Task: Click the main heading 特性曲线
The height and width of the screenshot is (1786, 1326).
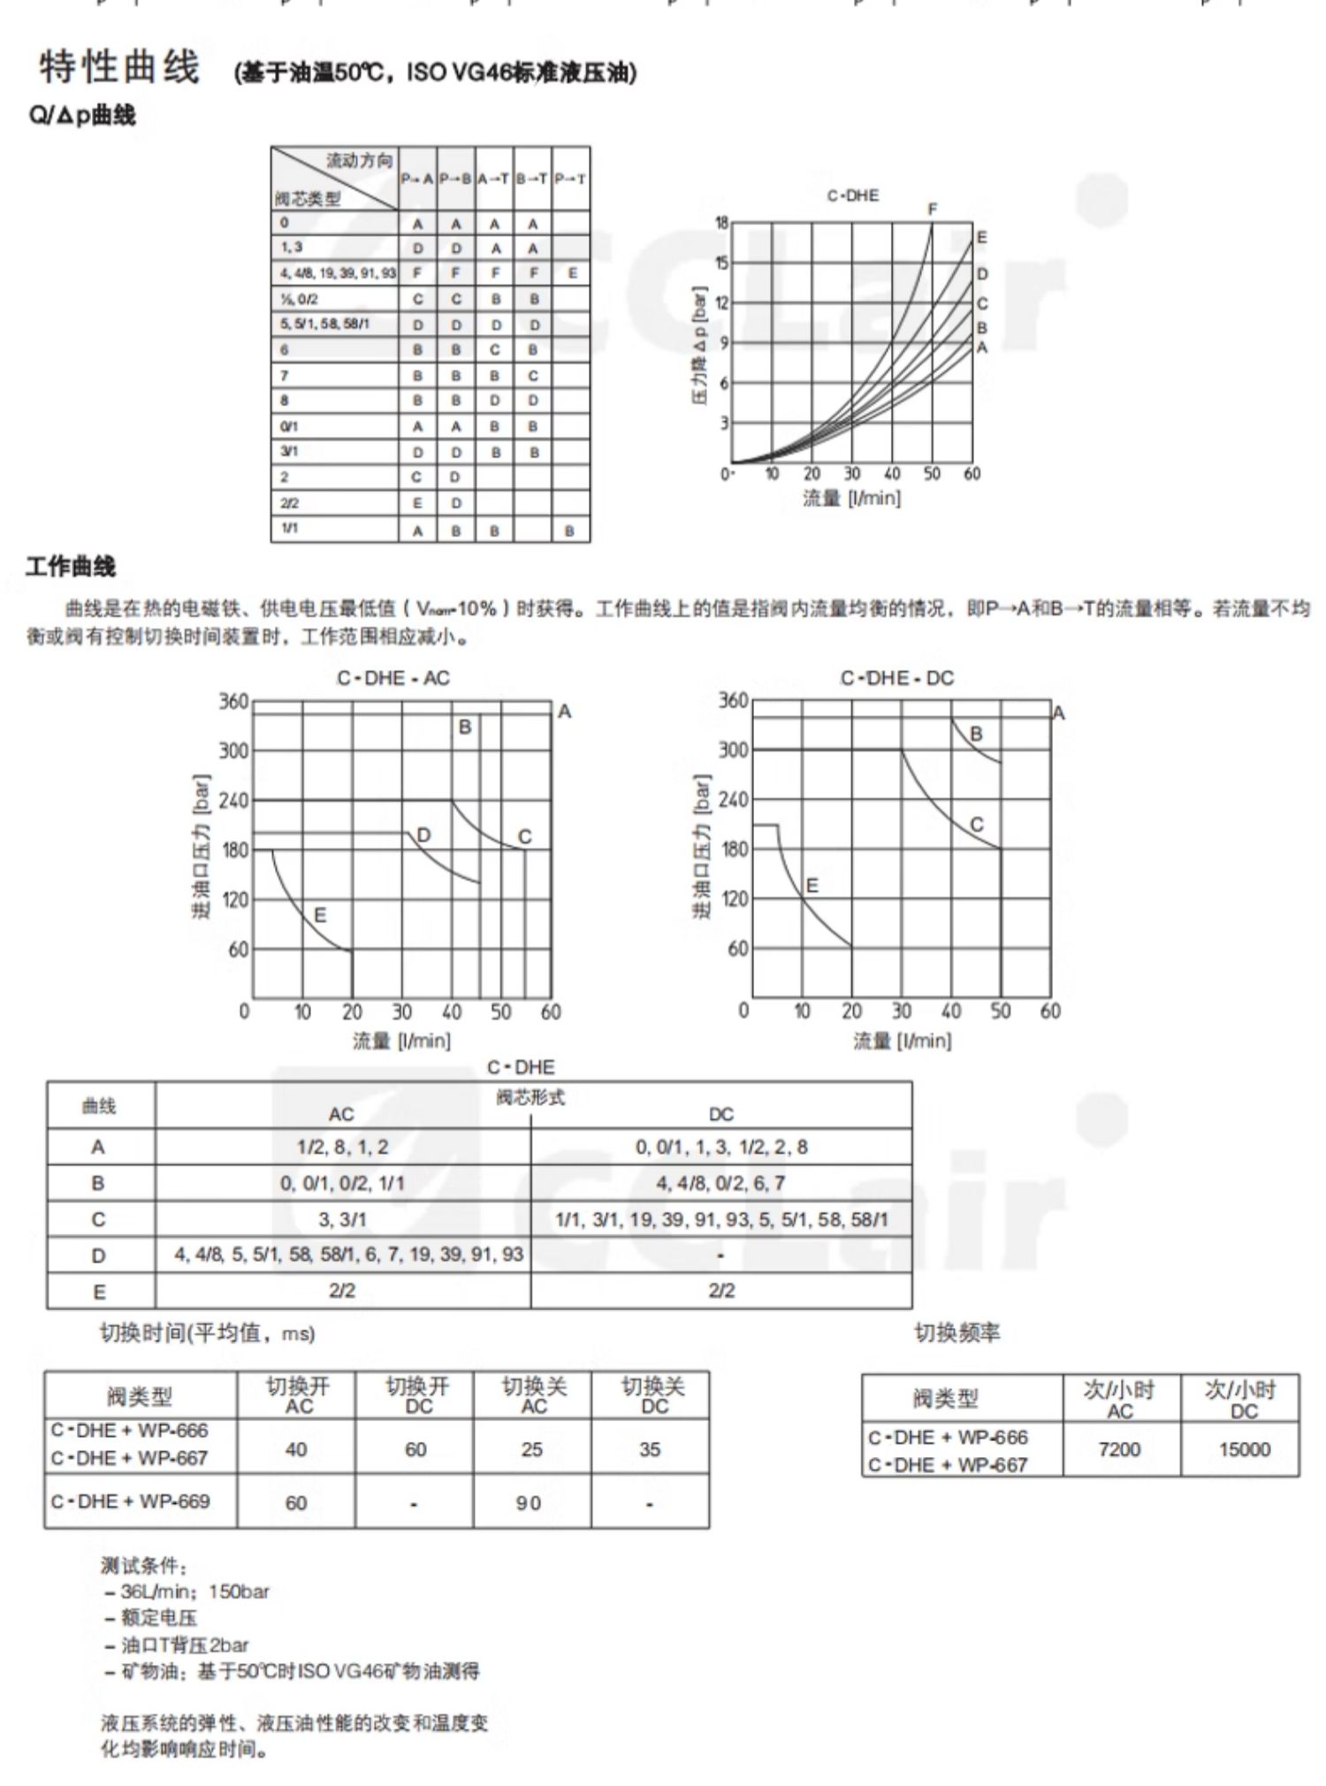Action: click(x=120, y=68)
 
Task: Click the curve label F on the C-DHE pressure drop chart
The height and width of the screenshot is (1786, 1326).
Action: click(x=932, y=210)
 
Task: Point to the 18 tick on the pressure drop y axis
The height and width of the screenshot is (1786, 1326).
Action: click(x=721, y=223)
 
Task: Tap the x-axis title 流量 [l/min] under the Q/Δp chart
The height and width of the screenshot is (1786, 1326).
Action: click(x=851, y=499)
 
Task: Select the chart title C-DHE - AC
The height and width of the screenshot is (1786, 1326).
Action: click(x=393, y=678)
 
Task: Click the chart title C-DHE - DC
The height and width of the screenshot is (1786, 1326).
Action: click(x=897, y=678)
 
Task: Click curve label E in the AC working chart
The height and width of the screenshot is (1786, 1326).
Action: click(x=320, y=915)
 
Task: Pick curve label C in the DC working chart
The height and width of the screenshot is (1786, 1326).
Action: click(x=977, y=824)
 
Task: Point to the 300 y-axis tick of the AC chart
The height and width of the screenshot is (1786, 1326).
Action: click(x=234, y=751)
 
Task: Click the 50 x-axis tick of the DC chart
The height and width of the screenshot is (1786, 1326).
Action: click(x=1000, y=1011)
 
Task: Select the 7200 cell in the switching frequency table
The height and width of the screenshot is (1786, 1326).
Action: click(x=1119, y=1450)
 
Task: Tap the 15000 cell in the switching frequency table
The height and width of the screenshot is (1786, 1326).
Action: click(x=1244, y=1450)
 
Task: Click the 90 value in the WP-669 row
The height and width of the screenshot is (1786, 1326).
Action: click(x=529, y=1503)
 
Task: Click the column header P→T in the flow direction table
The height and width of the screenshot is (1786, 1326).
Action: click(x=570, y=179)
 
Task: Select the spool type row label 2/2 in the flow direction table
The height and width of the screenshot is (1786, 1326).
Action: click(x=290, y=503)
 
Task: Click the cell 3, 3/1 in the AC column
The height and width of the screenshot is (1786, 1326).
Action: click(x=342, y=1220)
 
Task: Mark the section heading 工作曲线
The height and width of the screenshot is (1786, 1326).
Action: click(x=71, y=567)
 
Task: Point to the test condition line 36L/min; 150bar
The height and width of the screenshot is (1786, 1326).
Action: click(x=194, y=1591)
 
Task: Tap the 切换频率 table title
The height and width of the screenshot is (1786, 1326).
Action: click(x=956, y=1332)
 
